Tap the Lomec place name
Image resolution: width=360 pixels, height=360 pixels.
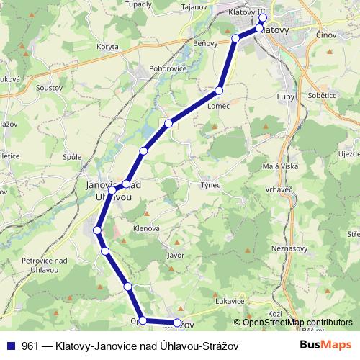pyautogui.click(x=218, y=106)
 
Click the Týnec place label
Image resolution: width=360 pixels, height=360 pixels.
pyautogui.click(x=210, y=185)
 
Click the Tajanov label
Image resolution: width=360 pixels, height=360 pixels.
pyautogui.click(x=194, y=6)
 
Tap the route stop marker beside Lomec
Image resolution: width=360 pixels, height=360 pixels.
pyautogui.click(x=219, y=91)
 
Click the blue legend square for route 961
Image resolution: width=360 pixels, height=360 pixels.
pyautogui.click(x=10, y=346)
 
